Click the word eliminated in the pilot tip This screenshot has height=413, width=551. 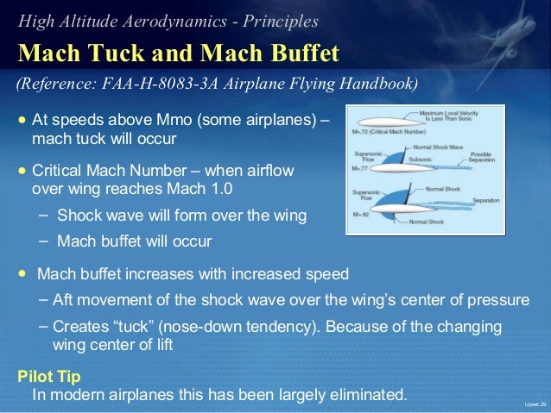(x=363, y=396)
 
